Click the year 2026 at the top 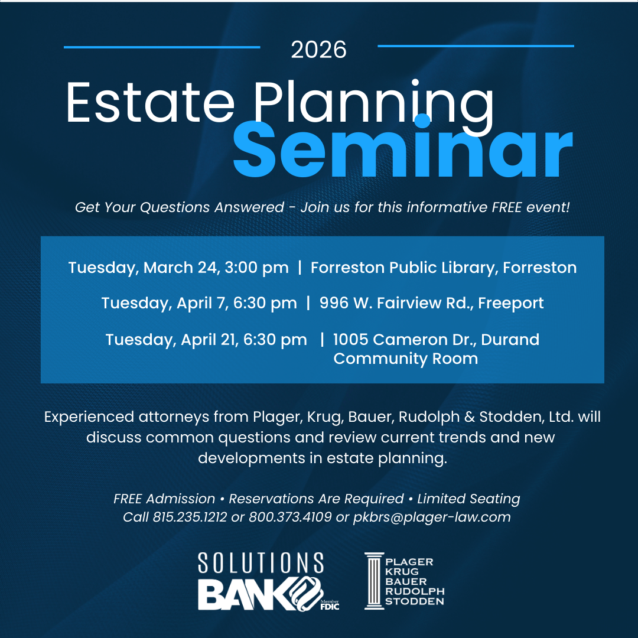click(x=318, y=50)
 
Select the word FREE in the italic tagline click(x=507, y=207)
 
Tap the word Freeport click(x=510, y=304)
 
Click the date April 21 click(x=210, y=340)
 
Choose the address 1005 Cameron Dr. click(x=404, y=339)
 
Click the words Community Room click(x=406, y=359)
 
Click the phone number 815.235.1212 click(x=190, y=517)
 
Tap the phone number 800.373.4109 click(x=290, y=517)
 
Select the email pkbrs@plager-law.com click(x=432, y=517)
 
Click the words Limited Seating click(x=468, y=499)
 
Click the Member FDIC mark click(x=330, y=605)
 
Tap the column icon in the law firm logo click(x=375, y=581)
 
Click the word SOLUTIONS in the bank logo click(x=261, y=563)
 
